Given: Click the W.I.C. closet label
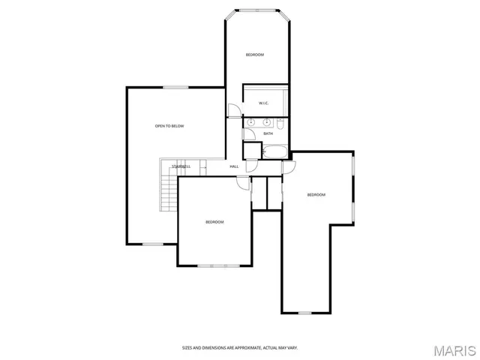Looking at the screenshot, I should [x=264, y=103].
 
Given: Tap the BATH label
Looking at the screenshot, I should [x=268, y=133].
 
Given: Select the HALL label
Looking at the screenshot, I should [x=234, y=166].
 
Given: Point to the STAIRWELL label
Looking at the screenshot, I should [x=181, y=166].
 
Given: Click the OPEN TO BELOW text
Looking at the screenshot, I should [x=169, y=126].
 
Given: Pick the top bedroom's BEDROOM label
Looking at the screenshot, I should [x=255, y=55].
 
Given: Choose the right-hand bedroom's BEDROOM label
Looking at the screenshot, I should [x=316, y=195].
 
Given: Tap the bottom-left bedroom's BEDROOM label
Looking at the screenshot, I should [x=215, y=222].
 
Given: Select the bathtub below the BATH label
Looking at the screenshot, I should [x=274, y=151].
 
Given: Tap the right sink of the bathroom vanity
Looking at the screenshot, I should [x=266, y=121].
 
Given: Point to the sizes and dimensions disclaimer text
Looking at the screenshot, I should [x=240, y=347].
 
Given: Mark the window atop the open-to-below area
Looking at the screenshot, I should [x=175, y=88].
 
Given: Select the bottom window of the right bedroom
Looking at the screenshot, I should [x=305, y=313].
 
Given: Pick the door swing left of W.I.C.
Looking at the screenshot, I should [x=234, y=111].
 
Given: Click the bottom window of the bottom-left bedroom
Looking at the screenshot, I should [x=215, y=265].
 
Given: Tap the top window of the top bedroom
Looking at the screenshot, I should [x=256, y=10].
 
